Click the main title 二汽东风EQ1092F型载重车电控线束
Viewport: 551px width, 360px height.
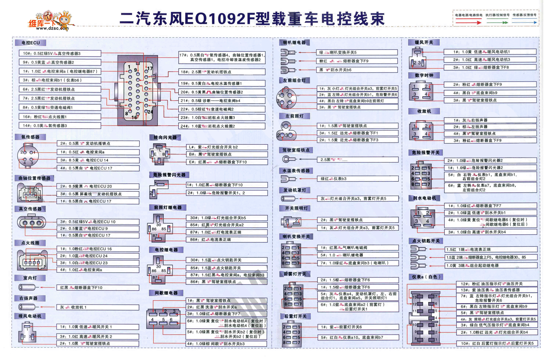[252, 19]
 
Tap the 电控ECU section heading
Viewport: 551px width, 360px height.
[30, 43]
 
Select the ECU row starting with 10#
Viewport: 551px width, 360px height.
[60, 53]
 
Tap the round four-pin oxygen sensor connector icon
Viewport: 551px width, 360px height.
[28, 156]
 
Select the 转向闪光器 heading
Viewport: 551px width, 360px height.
[165, 137]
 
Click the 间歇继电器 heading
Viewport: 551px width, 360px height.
[166, 293]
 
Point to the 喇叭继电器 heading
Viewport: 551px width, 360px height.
[294, 43]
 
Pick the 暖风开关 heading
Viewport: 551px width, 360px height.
[424, 43]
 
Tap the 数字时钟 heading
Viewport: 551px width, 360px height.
[424, 75]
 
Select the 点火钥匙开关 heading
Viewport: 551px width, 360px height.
[426, 241]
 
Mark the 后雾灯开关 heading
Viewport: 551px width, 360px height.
[295, 316]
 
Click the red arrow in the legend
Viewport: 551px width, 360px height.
[468, 22]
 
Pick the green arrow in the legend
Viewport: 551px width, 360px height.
[497, 22]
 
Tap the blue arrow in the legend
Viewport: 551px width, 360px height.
[525, 22]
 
